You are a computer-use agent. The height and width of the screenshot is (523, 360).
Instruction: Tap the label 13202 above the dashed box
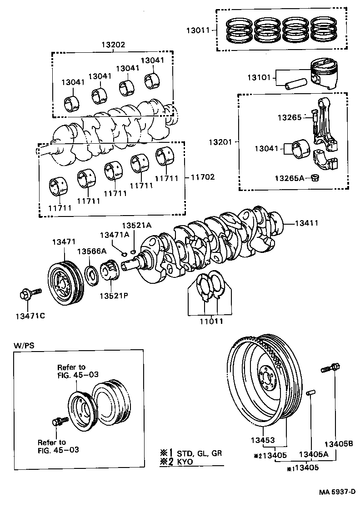point(113,45)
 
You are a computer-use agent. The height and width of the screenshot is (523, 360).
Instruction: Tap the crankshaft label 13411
point(307,223)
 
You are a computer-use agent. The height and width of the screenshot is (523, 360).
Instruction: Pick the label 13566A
point(91,251)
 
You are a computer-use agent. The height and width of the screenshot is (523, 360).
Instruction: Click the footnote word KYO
point(185,461)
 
